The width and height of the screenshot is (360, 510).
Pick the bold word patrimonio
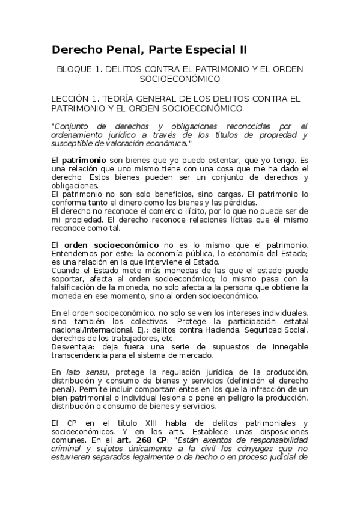click(84, 161)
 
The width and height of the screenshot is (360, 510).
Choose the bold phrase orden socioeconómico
click(112, 245)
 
